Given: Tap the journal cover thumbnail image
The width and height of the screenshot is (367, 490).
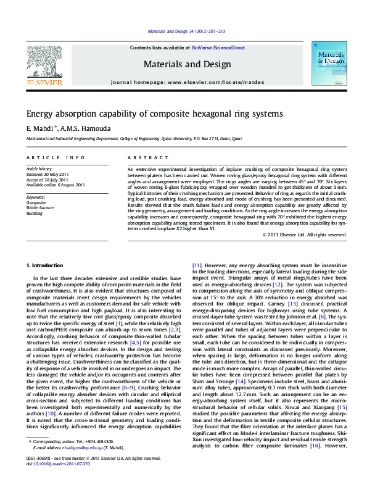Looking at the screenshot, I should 328,64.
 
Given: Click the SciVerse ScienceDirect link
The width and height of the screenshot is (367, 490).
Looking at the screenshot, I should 218,48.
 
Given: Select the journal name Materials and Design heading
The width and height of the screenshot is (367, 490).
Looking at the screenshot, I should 187,64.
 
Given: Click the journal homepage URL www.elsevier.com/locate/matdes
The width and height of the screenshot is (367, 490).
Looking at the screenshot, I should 210,82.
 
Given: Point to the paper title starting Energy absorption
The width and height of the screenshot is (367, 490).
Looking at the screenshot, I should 154,114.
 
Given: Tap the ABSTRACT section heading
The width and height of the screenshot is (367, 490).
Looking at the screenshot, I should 143,158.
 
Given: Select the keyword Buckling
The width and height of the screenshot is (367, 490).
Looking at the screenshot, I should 35,212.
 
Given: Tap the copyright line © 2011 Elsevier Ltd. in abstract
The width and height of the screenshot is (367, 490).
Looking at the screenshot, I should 304,235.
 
